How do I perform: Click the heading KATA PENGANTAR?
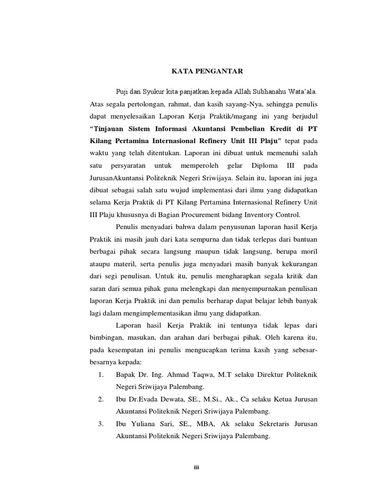pyautogui.click(x=207, y=71)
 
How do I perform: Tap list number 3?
pyautogui.click(x=101, y=424)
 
